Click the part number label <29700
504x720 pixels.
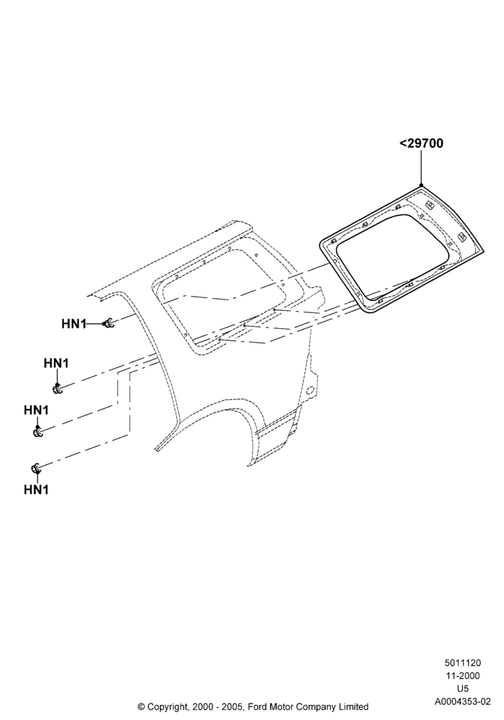[421, 143]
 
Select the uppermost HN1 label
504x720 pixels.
[73, 324]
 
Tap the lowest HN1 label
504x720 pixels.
[36, 490]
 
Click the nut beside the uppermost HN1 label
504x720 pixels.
[109, 323]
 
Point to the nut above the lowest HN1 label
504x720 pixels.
[35, 468]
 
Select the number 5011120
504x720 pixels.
[462, 662]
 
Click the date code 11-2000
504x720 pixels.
[462, 675]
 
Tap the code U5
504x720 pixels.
[463, 688]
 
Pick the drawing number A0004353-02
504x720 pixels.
[463, 701]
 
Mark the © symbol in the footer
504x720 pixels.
[141, 706]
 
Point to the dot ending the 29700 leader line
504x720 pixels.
[421, 184]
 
